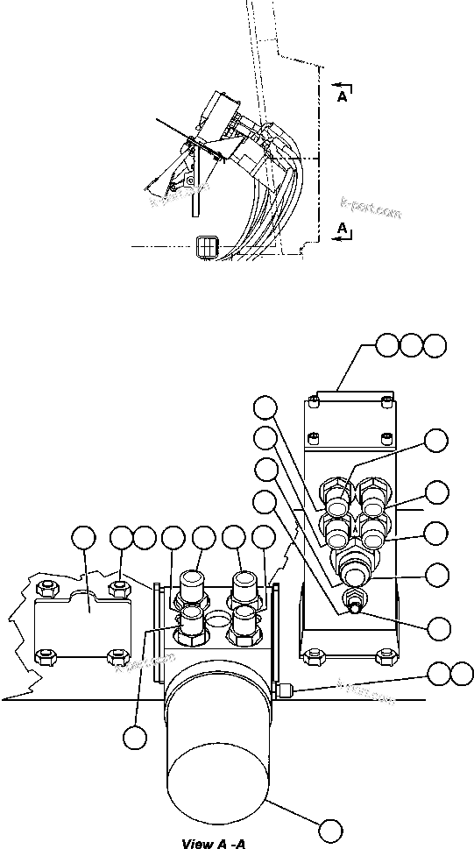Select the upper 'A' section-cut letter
coord(342,98)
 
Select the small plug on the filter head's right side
coord(283,691)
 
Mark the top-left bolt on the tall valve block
coord(313,401)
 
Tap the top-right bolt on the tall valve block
coord(385,401)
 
